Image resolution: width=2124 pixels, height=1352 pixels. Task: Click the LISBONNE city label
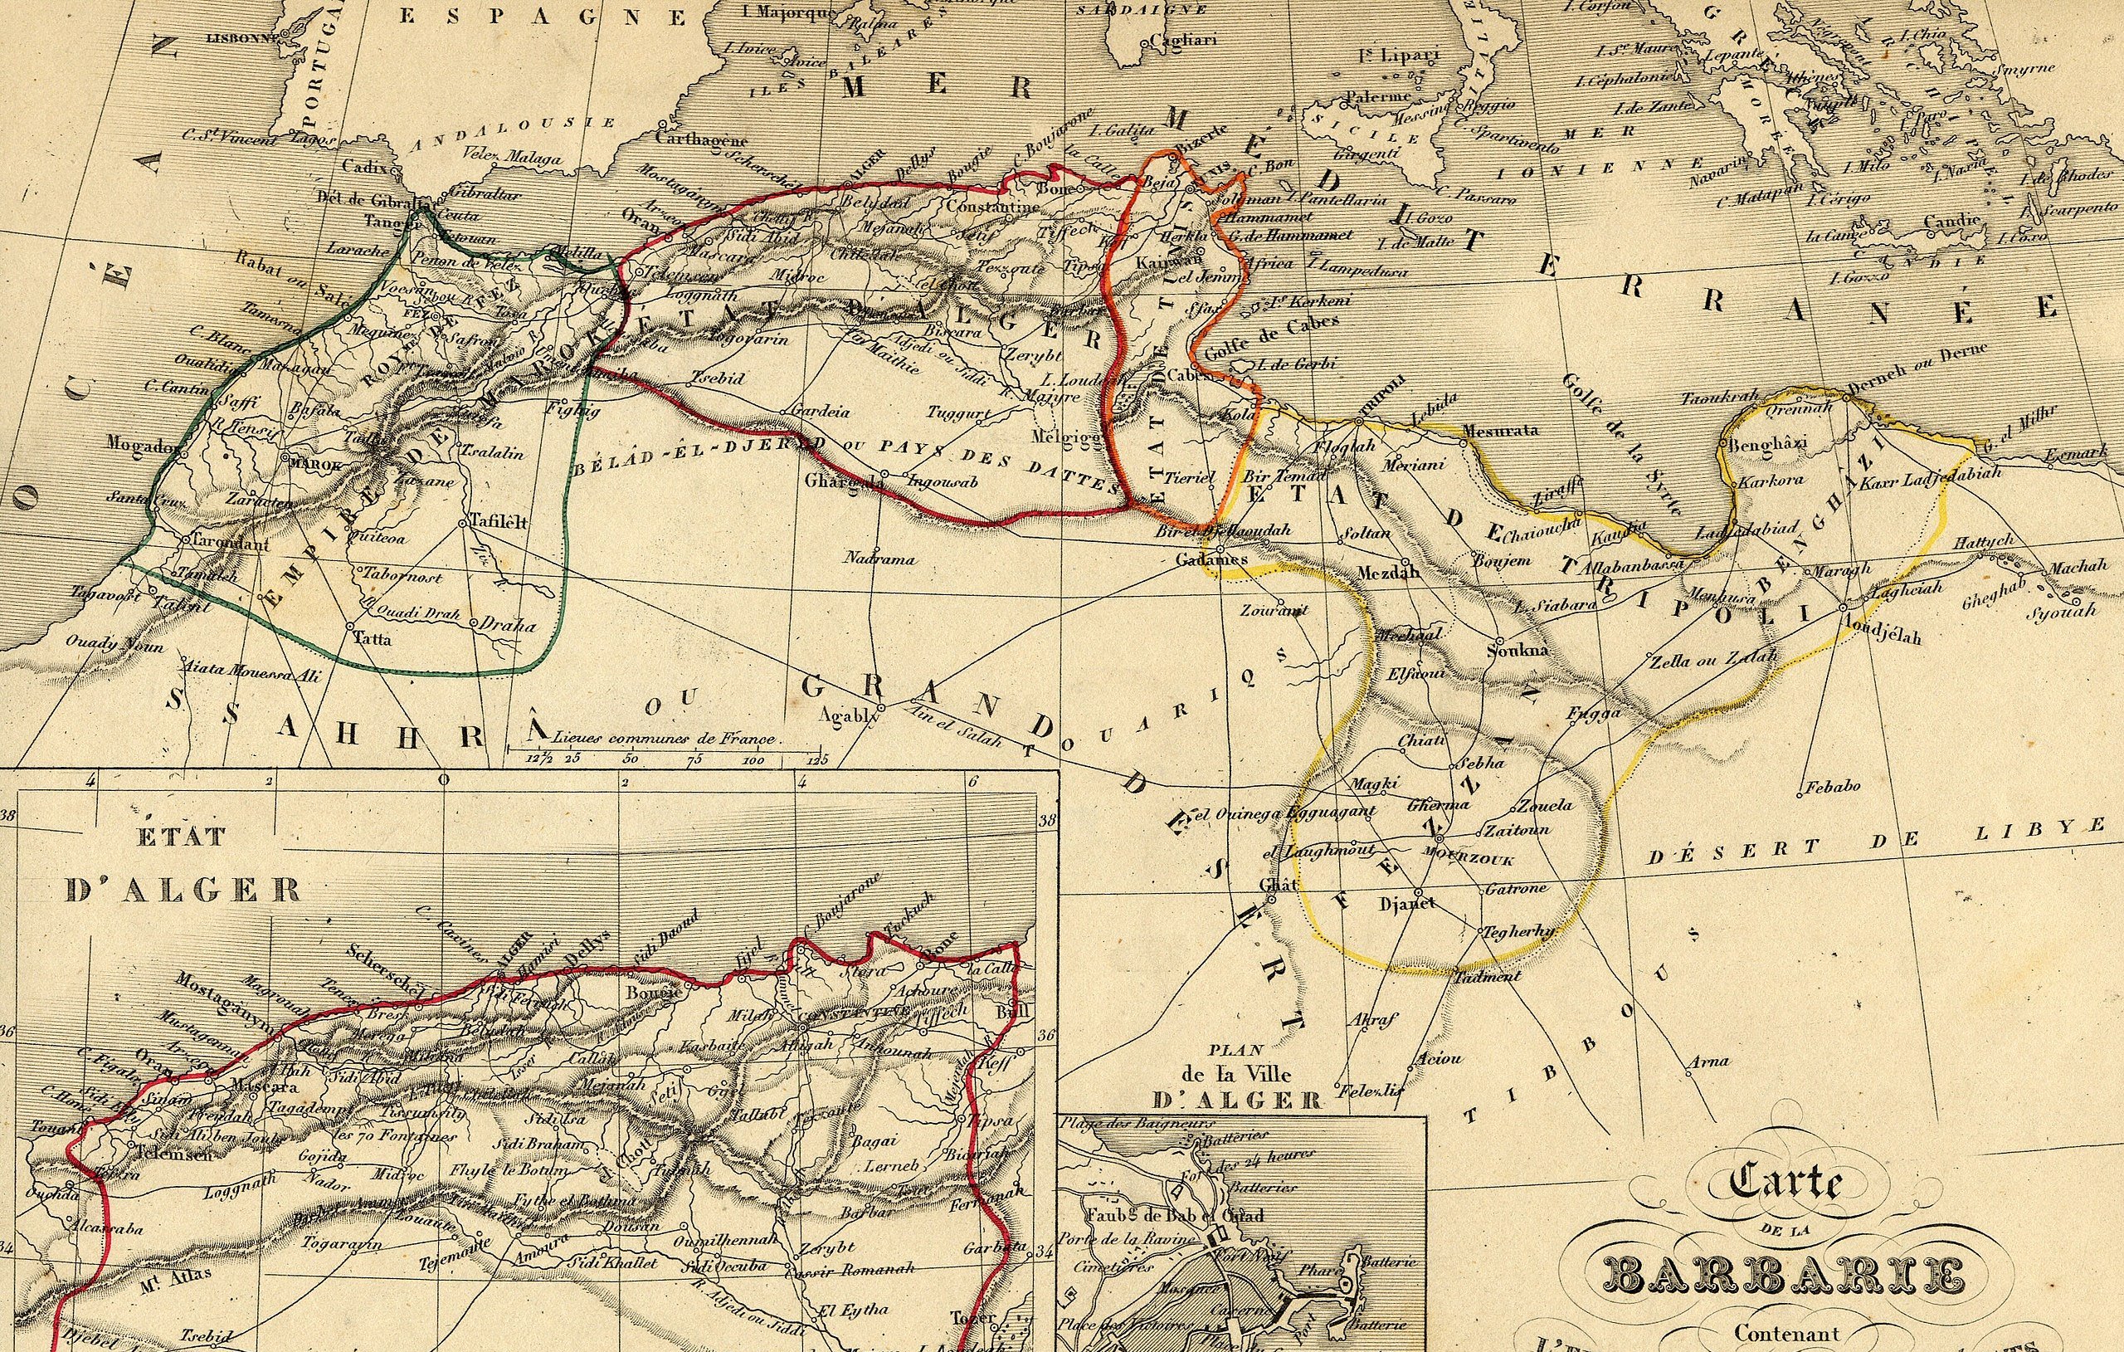pyautogui.click(x=240, y=38)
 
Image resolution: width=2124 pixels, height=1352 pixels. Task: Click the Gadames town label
pyautogui.click(x=1211, y=559)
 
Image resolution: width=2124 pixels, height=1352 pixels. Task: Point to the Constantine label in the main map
pyautogui.click(x=992, y=207)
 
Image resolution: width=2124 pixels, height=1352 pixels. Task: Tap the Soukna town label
pyautogui.click(x=1517, y=652)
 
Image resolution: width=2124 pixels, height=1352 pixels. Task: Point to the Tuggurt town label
pyautogui.click(x=954, y=412)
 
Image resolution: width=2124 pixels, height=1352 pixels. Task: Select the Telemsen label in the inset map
pyautogui.click(x=177, y=1154)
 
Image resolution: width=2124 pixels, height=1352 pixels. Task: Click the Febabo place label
pyautogui.click(x=1832, y=785)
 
